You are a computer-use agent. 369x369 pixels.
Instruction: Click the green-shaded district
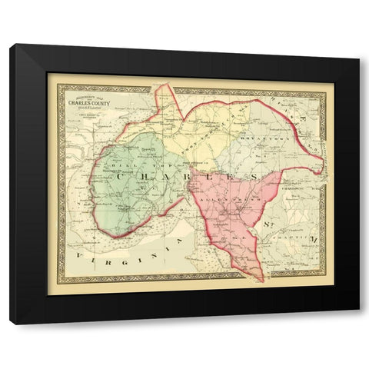coord(131,192)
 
